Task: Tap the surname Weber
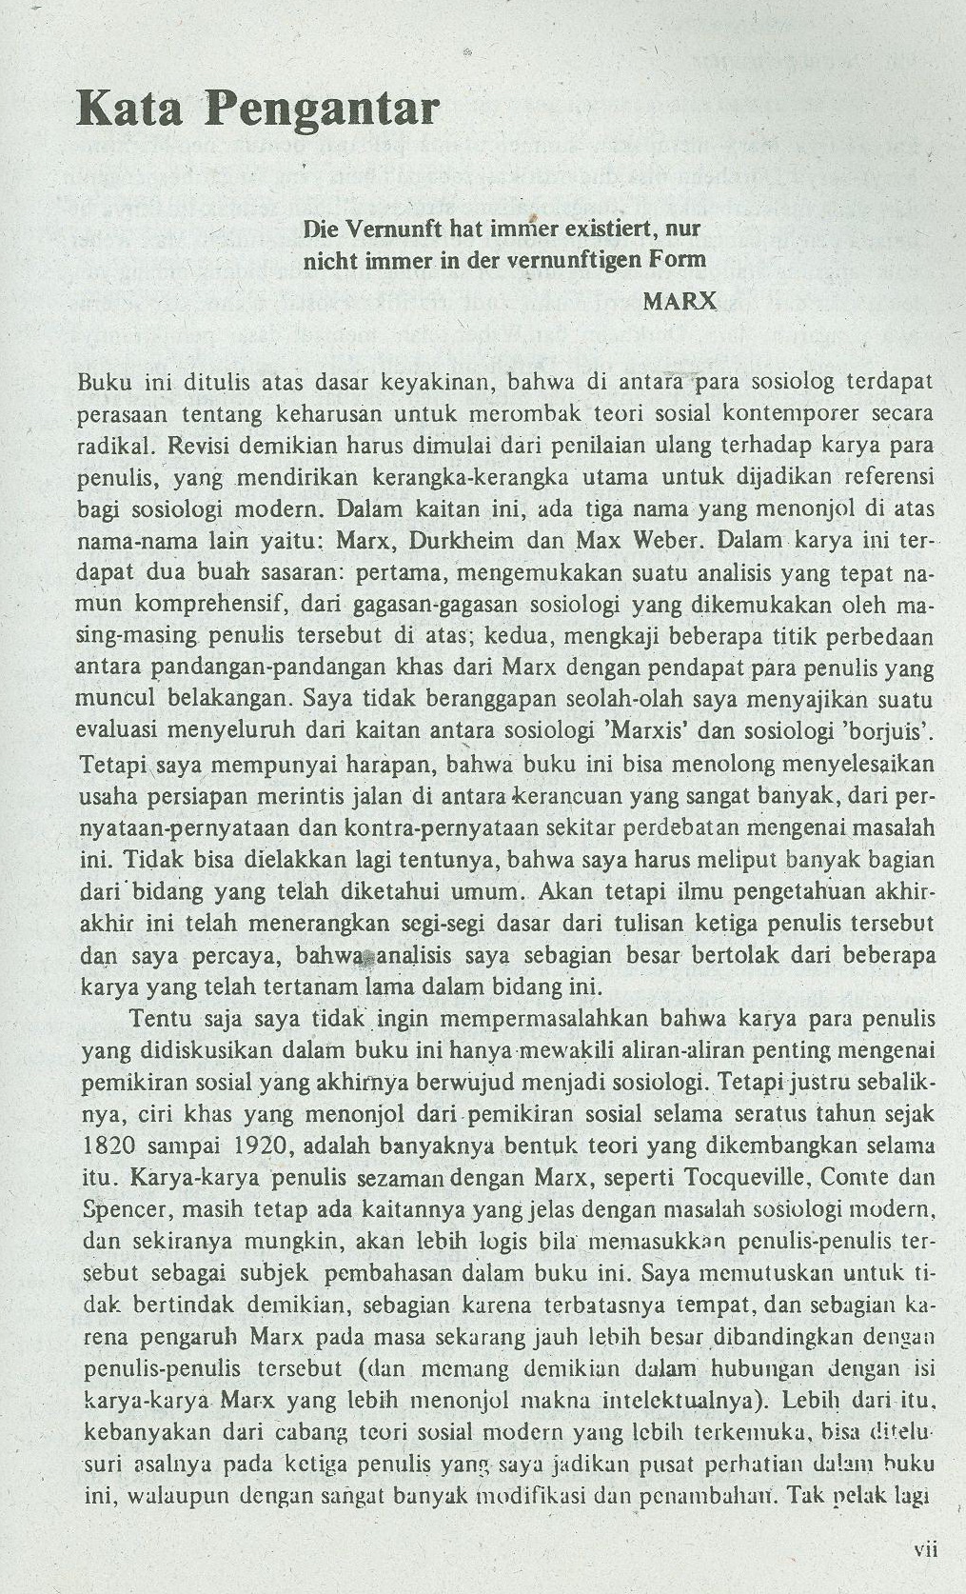tap(666, 541)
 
